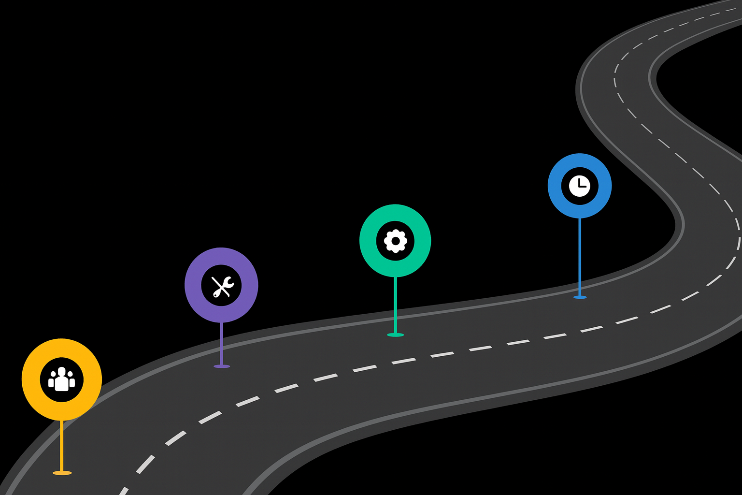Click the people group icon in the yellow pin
61,379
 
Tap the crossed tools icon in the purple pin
222,286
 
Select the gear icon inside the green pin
395,241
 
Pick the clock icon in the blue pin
580,186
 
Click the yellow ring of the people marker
31,379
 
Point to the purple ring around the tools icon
193,285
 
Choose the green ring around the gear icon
368,241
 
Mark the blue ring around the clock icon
555,186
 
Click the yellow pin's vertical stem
61,445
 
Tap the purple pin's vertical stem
222,343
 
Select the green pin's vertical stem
395,305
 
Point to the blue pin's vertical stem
580,256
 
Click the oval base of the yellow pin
62,473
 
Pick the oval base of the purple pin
222,366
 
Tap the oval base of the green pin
395,335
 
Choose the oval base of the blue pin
580,297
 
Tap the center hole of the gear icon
395,241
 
